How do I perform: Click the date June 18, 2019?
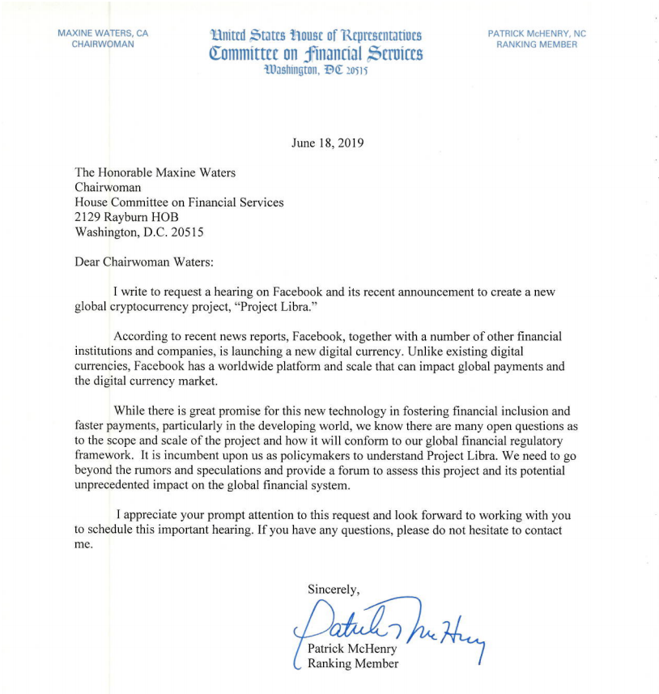(327, 143)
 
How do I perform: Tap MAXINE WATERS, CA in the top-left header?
(103, 33)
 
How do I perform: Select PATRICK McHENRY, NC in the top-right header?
(537, 33)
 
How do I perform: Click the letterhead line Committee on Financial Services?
(316, 54)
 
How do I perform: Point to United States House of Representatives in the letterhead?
(316, 36)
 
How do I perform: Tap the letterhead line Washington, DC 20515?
(316, 70)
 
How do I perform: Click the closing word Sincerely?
(334, 589)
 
